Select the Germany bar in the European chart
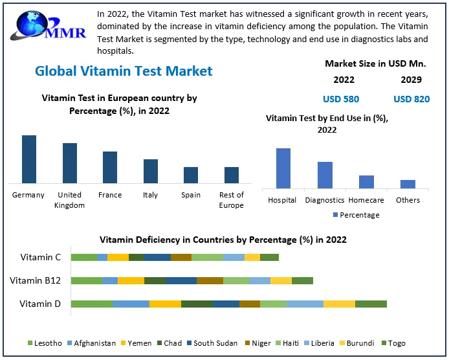coord(29,159)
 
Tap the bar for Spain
coord(191,175)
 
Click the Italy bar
coord(151,171)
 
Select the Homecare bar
coord(366,182)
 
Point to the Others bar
coord(408,184)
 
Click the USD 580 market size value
coord(341,99)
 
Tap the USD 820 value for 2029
coord(411,99)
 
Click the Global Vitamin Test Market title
coord(124,71)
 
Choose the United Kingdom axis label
coord(69,199)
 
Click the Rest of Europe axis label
coord(231,199)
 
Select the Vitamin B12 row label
coord(36,280)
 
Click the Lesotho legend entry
coord(45,343)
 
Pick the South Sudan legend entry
coord(211,343)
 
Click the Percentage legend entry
coord(356,215)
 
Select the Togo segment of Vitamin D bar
coord(371,304)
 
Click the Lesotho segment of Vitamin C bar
coord(83,257)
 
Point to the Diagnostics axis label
coord(325,200)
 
